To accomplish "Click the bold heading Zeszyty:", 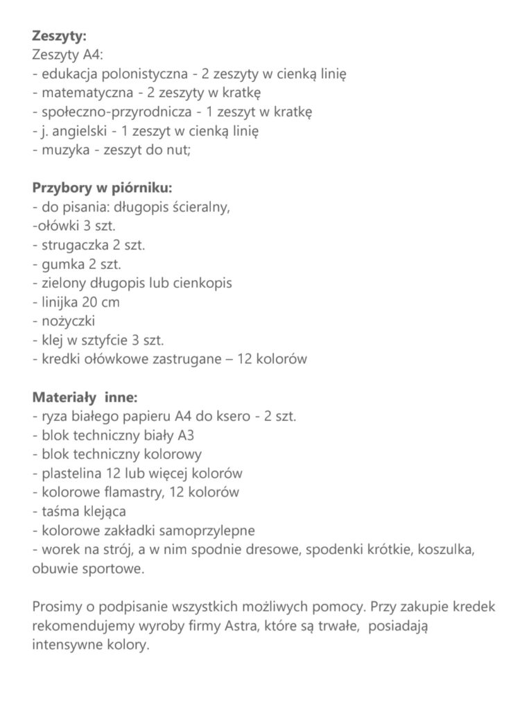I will pyautogui.click(x=59, y=36).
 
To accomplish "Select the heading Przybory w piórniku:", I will pyautogui.click(x=102, y=187).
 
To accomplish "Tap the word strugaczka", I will pyautogui.click(x=76, y=245).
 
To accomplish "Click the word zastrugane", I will pyautogui.click(x=177, y=359).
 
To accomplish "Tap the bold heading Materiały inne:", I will pyautogui.click(x=85, y=397).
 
